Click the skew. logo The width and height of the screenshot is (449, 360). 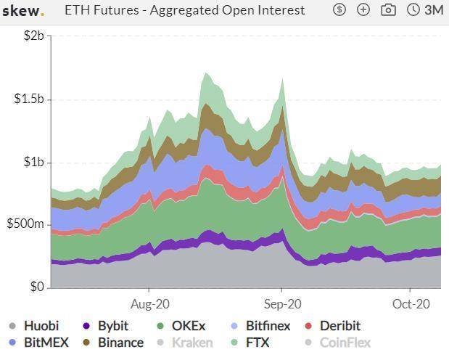(23, 11)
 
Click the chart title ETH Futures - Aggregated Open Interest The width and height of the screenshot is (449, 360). (185, 11)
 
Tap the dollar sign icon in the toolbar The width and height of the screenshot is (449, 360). (339, 10)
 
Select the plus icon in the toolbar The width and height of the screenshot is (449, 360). (363, 10)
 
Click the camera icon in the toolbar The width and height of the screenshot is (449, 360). (389, 10)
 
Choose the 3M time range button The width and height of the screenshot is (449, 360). (425, 10)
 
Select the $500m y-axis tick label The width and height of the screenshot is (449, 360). (25, 224)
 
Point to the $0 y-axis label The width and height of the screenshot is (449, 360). (36, 287)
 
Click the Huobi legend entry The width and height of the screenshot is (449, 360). (41, 326)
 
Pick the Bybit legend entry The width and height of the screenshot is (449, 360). (111, 326)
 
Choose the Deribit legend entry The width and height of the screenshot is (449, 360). (338, 326)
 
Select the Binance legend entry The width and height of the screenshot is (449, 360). (120, 343)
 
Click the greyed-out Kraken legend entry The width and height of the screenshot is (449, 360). (191, 343)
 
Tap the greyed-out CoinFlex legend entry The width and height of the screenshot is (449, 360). (344, 343)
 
